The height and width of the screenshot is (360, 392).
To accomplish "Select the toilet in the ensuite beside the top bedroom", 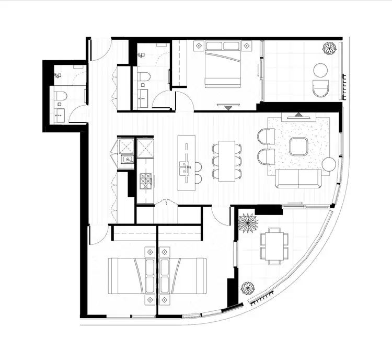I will [x=145, y=77].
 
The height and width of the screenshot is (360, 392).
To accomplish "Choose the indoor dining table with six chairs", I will [x=227, y=161].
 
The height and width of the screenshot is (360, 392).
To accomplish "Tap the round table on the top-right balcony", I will [x=320, y=70].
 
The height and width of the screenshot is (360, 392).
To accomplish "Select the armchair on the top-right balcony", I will [x=319, y=89].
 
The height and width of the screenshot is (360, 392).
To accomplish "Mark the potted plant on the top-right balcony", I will [x=329, y=49].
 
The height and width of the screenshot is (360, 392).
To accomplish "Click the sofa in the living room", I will [x=298, y=178].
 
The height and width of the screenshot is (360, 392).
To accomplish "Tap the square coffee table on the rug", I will [x=298, y=147].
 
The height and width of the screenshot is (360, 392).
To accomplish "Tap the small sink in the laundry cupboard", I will [x=126, y=160].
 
